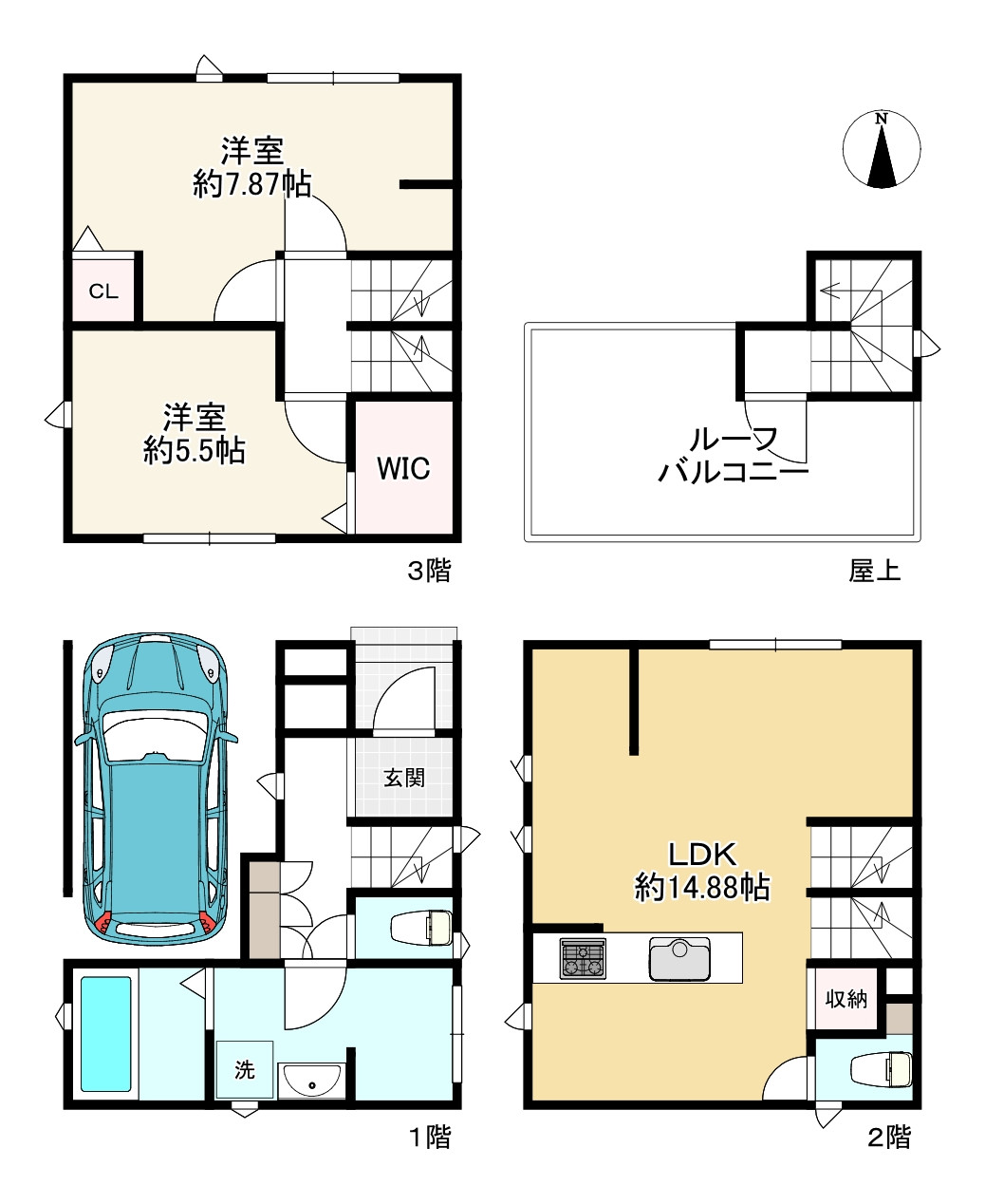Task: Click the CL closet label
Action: point(103,292)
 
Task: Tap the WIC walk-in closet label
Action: point(403,468)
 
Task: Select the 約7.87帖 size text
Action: point(251,184)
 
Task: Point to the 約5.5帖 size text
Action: point(194,450)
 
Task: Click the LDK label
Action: point(702,855)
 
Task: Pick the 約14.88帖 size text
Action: point(702,888)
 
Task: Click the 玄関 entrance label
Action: point(404,778)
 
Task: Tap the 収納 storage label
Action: point(846,999)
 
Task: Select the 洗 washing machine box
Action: point(244,1069)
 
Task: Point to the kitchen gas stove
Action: point(583,958)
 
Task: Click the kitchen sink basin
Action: point(679,960)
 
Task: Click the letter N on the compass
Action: point(882,119)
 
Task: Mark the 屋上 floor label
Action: point(874,571)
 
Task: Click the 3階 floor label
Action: point(429,571)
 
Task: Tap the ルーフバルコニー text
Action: point(734,456)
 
